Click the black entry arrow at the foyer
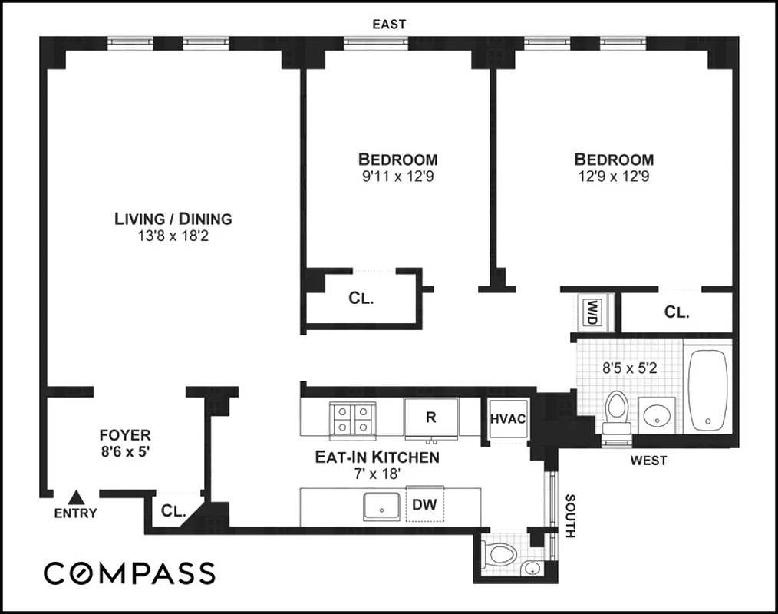click(75, 497)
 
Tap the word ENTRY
click(75, 513)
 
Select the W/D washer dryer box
click(592, 312)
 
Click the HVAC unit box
click(507, 419)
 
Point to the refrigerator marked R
click(431, 418)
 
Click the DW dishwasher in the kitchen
click(425, 504)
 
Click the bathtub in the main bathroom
click(709, 391)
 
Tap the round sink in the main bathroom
click(657, 416)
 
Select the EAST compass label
click(389, 25)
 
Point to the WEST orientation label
click(648, 461)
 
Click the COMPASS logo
click(129, 573)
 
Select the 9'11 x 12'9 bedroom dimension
click(397, 177)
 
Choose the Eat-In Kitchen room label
click(377, 457)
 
